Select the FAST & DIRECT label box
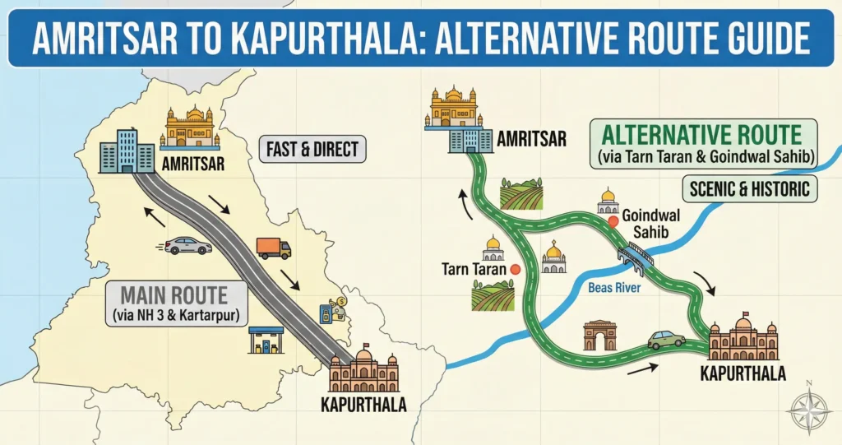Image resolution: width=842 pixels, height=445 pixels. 312,150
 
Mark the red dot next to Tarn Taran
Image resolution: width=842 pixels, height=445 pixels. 516,268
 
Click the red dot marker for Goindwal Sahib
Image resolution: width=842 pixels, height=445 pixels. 613,220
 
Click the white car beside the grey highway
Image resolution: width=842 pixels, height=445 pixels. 187,244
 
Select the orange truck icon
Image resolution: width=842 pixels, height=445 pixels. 274,247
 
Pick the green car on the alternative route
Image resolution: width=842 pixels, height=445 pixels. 666,339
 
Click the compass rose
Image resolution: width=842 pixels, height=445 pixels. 807,408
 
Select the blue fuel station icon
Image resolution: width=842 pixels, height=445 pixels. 266,337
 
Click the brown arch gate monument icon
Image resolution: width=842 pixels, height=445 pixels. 599,336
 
